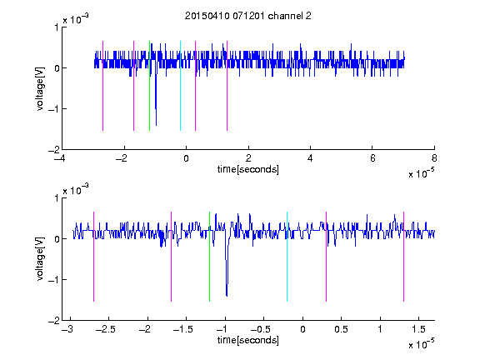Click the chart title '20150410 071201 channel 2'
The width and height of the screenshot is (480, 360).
click(248, 16)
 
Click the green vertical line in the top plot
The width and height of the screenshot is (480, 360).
click(149, 86)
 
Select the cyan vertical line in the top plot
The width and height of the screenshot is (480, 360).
click(180, 86)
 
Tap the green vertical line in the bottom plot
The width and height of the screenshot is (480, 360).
click(209, 257)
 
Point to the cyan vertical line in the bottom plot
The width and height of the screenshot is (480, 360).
click(287, 257)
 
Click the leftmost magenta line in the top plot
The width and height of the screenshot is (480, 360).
click(102, 86)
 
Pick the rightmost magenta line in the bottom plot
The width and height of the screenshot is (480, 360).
click(403, 257)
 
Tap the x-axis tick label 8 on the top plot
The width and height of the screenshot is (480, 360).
click(434, 158)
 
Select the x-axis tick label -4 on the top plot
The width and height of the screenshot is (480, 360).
click(60, 158)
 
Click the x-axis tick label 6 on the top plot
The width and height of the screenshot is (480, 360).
click(372, 158)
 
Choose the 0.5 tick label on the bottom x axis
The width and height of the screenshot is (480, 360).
click(341, 329)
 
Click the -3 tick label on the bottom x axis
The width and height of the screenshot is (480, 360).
click(67, 329)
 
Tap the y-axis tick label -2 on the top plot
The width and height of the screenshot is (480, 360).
click(53, 150)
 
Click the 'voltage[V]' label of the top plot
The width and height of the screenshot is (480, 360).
click(40, 88)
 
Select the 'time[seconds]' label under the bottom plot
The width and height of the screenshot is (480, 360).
click(248, 340)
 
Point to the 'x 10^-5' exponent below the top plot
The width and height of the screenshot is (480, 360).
click(421, 172)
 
